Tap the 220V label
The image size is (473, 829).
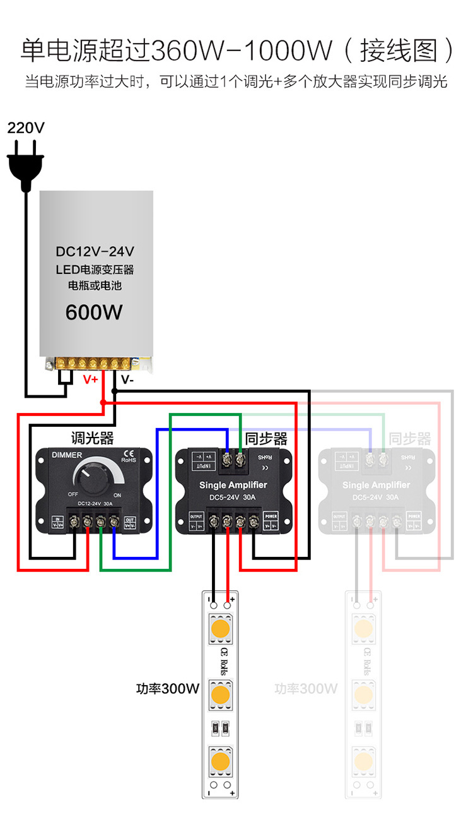26,128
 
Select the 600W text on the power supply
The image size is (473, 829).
94,312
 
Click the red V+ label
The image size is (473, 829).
91,380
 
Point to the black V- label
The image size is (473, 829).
127,380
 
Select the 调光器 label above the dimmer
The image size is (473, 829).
92,438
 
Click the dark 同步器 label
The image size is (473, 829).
266,438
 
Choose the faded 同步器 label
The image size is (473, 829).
410,438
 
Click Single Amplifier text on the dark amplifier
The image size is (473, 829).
233,485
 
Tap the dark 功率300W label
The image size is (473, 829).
168,688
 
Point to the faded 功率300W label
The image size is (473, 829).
306,688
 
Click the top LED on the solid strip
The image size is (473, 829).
220,629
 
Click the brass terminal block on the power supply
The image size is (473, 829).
94,363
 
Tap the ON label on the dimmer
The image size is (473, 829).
117,495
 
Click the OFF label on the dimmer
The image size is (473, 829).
73,495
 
